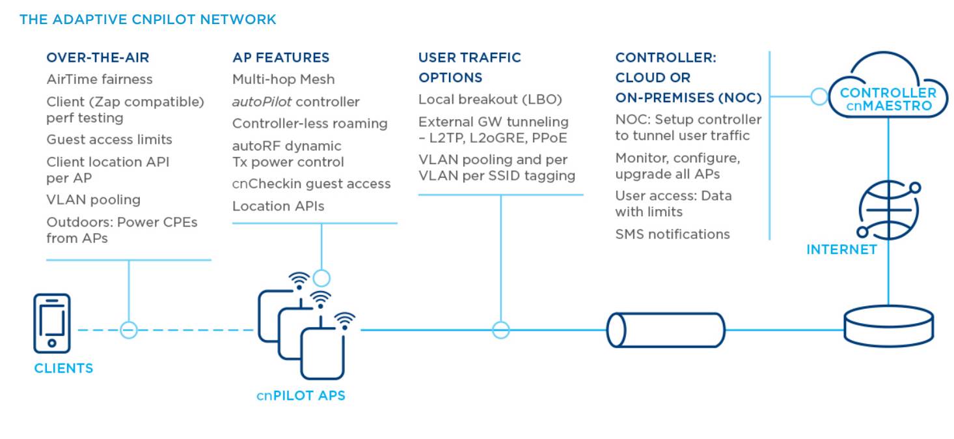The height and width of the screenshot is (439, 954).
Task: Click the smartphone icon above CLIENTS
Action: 52,324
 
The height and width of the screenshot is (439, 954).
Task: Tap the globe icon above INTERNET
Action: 889,210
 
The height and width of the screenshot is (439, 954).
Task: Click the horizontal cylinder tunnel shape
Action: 666,330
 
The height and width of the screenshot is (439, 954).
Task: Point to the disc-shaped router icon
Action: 888,326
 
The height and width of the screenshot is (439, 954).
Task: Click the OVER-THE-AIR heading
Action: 98,57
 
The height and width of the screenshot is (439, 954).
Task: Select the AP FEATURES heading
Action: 280,57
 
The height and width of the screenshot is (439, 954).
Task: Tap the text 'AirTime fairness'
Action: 100,79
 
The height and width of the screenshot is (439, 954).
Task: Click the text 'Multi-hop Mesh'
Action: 283,79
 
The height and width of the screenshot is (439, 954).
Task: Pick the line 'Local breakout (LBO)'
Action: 490,100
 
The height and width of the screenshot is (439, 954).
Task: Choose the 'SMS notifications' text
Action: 672,234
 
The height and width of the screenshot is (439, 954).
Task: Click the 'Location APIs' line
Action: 278,206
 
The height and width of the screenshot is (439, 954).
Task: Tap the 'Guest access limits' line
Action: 109,139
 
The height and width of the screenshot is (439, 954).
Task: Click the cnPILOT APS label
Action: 300,395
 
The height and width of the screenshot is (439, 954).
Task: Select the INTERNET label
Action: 841,249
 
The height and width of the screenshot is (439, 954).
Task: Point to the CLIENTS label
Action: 63,368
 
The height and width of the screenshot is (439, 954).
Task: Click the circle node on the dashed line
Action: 129,330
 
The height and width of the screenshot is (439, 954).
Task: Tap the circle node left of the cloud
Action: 819,97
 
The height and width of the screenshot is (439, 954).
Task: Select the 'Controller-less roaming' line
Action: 310,124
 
